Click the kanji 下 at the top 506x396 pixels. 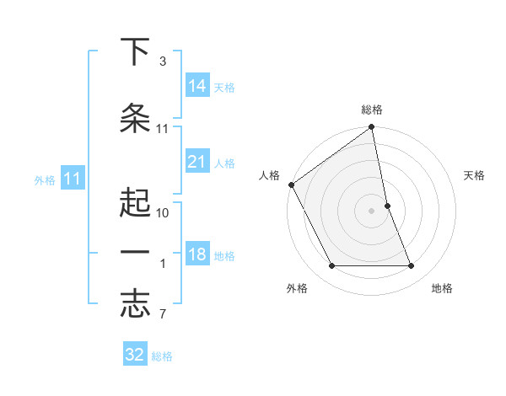135,51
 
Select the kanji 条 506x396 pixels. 135,119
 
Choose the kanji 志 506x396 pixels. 135,304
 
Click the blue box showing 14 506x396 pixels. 197,85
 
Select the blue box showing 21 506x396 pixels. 197,161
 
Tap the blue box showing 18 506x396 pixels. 197,254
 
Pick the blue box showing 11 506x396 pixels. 73,178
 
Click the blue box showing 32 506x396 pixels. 135,355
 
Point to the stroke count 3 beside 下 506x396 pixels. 162,62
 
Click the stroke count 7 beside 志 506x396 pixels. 162,315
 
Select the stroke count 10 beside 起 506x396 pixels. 162,213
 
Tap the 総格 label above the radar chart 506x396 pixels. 372,110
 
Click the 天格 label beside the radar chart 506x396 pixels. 475,175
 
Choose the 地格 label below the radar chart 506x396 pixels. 442,288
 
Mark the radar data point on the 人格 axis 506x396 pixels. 291,185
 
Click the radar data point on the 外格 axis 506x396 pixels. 332,266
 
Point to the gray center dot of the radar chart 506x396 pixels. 372,211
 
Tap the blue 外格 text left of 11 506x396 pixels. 45,179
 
